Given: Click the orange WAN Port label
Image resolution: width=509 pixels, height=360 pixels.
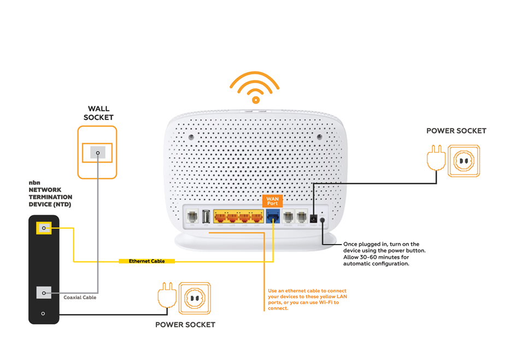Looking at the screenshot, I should coord(272,201).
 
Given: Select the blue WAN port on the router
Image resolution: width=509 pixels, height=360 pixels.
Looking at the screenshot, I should coord(272,217).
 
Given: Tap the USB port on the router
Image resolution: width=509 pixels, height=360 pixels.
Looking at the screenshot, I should coord(206,217).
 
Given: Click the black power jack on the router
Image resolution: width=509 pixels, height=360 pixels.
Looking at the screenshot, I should coord(313,218).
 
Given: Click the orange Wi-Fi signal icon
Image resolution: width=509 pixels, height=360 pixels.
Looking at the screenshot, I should coord(255,88).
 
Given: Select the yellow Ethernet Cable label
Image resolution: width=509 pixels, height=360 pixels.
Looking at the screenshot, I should coord(147,262).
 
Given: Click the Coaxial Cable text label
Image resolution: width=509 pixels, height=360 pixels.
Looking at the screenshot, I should coord(80,298).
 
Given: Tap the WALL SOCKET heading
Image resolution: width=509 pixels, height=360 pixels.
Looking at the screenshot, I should coord(98,113).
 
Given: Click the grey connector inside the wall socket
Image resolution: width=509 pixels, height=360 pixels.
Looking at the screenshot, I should coord(97,153).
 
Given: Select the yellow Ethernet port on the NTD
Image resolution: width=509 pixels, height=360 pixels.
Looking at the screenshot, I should coord(44,228).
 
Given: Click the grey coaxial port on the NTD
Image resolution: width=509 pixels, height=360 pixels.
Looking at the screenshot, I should coord(44,293).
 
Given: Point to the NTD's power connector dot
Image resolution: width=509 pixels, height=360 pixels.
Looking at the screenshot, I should coord(43,314).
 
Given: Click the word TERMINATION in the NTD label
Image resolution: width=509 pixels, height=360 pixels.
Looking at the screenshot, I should coord(50,197).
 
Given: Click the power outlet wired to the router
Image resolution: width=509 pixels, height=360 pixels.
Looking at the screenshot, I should coord(463,161).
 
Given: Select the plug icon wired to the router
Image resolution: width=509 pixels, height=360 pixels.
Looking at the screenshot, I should coord(435,159).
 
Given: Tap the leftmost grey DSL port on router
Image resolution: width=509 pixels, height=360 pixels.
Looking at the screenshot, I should coord(192,217).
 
